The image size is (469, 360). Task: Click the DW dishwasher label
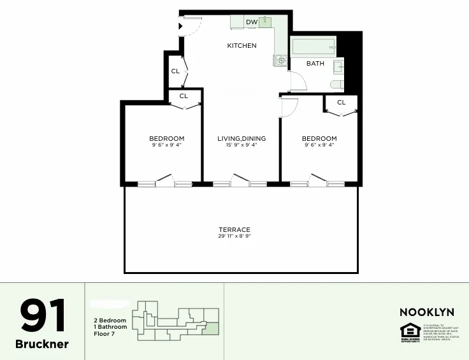point(252,22)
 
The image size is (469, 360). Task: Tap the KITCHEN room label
point(242,46)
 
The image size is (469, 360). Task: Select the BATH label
point(315,64)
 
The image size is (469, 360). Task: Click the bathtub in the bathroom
point(312,47)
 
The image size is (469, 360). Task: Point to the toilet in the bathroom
point(337,85)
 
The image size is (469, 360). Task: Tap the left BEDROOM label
point(167,139)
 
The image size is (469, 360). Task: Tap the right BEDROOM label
point(319,139)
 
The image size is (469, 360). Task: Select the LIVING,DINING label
point(242,139)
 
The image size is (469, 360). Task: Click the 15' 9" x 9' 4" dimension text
point(242,145)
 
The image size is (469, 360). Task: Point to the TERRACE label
point(234,230)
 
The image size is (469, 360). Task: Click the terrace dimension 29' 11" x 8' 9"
point(234,236)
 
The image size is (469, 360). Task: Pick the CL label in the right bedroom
point(341,103)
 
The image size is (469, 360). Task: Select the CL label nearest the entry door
point(175,71)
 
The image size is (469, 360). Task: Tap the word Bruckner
point(42,344)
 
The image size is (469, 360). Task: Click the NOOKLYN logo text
point(426,312)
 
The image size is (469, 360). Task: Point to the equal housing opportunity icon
point(408,331)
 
